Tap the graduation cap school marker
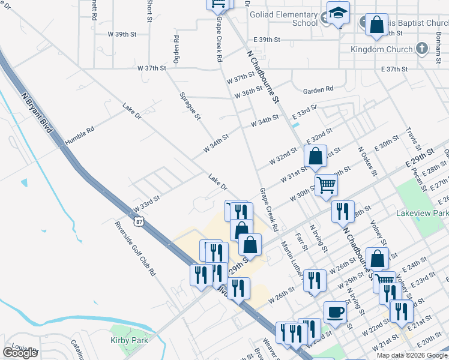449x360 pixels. (339, 13)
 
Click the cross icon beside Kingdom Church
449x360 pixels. (422, 49)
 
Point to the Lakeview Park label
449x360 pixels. (423, 213)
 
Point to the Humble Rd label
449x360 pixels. (80, 133)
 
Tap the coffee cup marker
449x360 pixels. (335, 312)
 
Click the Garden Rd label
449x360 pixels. (318, 90)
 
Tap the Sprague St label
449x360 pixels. (190, 106)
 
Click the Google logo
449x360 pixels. (20, 353)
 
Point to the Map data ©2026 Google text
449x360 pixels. (412, 355)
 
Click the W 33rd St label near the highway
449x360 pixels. (146, 203)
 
